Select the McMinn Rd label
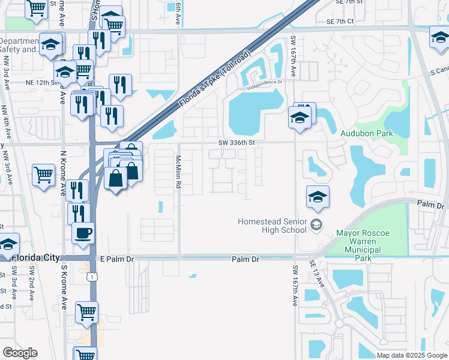(178, 172)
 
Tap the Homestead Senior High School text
(273, 225)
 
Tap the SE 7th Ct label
(340, 21)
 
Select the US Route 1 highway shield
(91, 276)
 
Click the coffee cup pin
(83, 232)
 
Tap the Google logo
(20, 353)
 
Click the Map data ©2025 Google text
(411, 355)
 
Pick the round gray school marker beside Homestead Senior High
(318, 226)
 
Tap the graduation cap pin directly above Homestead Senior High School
(318, 196)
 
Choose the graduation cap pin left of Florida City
(8, 245)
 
